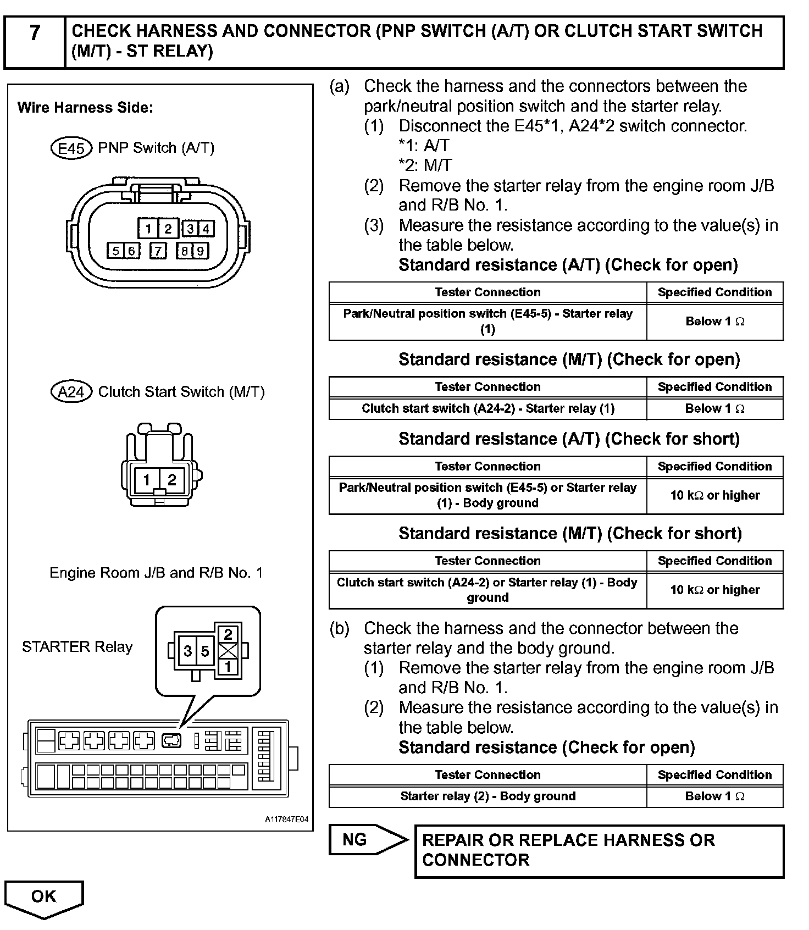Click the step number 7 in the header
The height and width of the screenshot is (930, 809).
point(35,33)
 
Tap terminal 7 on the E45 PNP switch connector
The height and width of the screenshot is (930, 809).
point(158,251)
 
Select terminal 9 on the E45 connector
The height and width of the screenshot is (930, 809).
point(201,251)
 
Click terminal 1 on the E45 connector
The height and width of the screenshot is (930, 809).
point(148,229)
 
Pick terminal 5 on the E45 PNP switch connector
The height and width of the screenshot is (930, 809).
point(115,251)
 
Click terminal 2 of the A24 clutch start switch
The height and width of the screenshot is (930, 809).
point(171,480)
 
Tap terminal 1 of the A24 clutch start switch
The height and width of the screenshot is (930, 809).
point(147,480)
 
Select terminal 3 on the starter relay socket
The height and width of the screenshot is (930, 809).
point(188,651)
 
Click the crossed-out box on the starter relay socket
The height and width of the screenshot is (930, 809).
point(228,651)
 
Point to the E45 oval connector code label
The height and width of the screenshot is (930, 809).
point(71,148)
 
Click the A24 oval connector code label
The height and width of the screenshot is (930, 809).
point(71,392)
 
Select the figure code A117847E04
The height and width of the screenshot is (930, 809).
point(286,820)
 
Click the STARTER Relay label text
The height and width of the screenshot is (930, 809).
point(77,647)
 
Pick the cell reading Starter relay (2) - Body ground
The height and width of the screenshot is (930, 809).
point(487,796)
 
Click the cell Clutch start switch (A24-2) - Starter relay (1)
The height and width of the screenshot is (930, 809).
point(487,408)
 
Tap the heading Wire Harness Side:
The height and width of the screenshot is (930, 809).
point(85,107)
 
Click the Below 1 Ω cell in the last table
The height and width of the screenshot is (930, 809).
point(714,796)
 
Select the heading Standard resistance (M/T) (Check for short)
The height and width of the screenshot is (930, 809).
point(570,533)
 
